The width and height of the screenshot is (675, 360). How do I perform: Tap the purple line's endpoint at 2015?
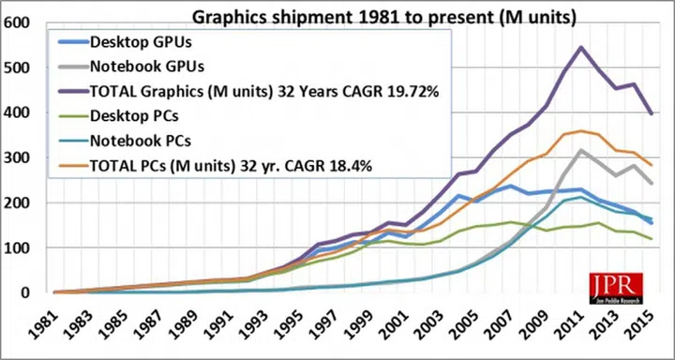(652, 113)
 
